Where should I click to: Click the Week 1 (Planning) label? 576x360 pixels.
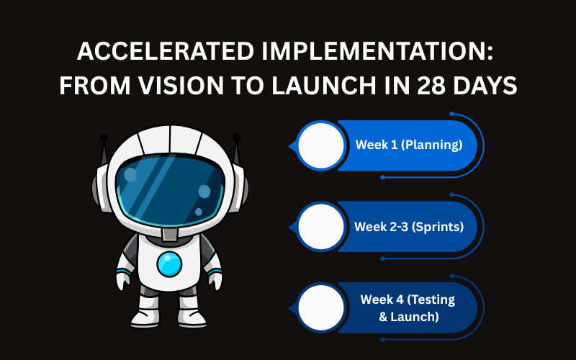(408, 145)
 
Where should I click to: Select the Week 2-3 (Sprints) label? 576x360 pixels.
(408, 227)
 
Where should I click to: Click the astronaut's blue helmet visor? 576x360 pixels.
(170, 189)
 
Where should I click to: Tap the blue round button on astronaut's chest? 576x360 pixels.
(170, 264)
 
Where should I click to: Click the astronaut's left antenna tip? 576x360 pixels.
(104, 137)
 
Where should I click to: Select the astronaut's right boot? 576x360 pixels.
(194, 318)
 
